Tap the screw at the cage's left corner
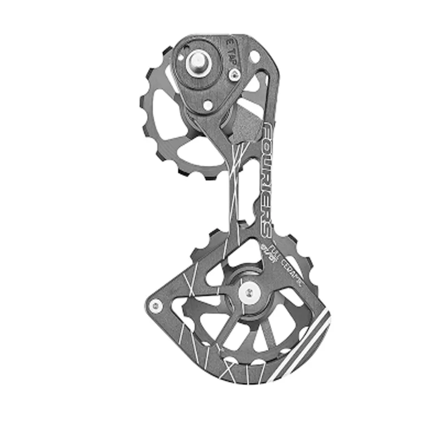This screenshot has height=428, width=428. point(155,305)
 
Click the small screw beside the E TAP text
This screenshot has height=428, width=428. point(233,75)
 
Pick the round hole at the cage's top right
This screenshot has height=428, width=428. point(254,55)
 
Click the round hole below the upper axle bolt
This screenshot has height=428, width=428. point(208,105)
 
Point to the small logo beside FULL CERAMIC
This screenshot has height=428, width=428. point(266,251)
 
